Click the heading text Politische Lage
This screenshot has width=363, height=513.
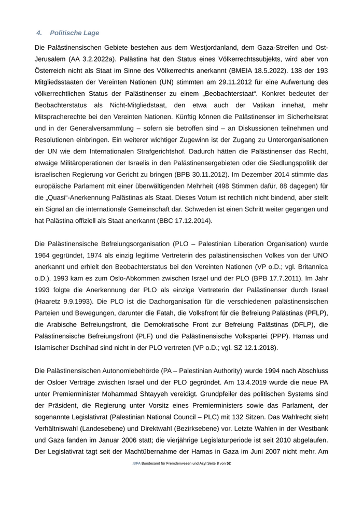click(75, 33)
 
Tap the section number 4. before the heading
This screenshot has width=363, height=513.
click(39, 33)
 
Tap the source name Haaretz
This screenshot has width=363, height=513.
click(48, 302)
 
